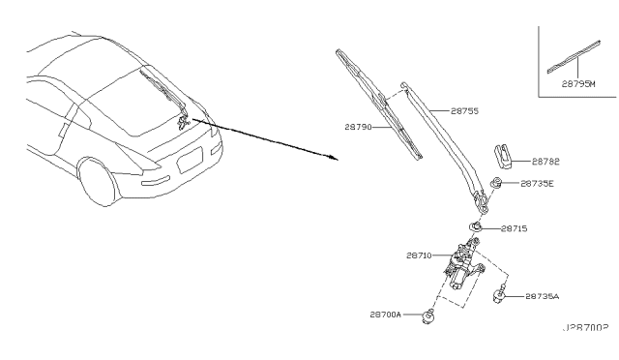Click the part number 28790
[x=358, y=127]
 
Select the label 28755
[x=464, y=111]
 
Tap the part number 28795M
[x=578, y=84]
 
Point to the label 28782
[x=545, y=162]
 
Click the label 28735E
[x=537, y=183]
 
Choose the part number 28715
[x=514, y=228]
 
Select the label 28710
[x=419, y=255]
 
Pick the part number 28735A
[x=542, y=296]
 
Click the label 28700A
[x=385, y=315]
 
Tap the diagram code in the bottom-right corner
[x=585, y=328]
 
